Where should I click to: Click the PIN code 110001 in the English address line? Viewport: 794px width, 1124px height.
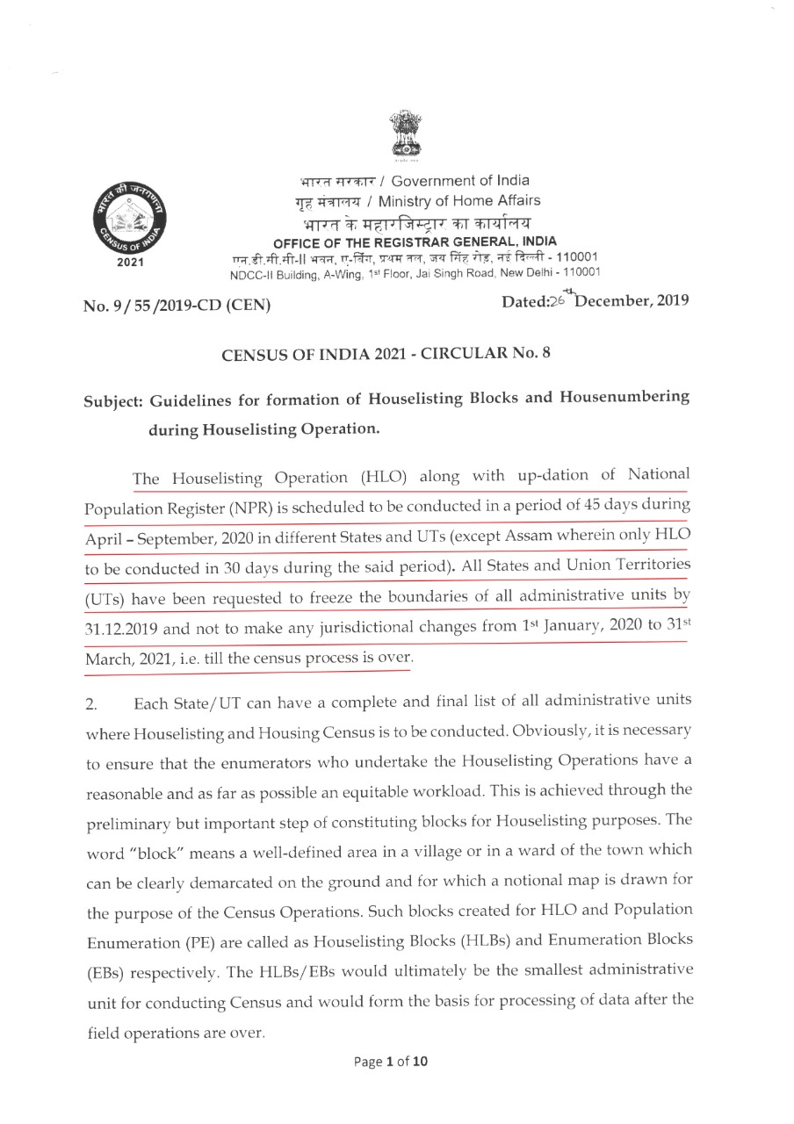pyautogui.click(x=574, y=272)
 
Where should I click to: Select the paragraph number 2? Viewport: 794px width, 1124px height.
pyautogui.click(x=90, y=700)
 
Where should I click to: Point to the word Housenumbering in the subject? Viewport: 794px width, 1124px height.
pyautogui.click(x=616, y=398)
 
